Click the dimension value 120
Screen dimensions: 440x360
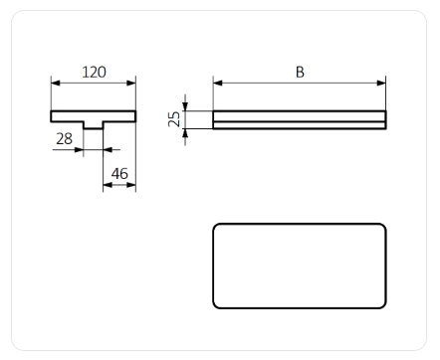point(94,72)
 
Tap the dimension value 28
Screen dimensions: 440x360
point(64,138)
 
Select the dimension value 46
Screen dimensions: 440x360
point(119,173)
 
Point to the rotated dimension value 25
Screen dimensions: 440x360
point(174,119)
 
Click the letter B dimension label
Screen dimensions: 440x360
point(300,72)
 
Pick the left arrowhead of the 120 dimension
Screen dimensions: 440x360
point(56,83)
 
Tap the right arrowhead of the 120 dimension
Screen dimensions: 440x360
point(131,83)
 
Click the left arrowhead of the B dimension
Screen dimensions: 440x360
point(218,83)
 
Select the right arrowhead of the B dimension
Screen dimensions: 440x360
point(381,83)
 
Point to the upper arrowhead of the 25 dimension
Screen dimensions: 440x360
point(185,106)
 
